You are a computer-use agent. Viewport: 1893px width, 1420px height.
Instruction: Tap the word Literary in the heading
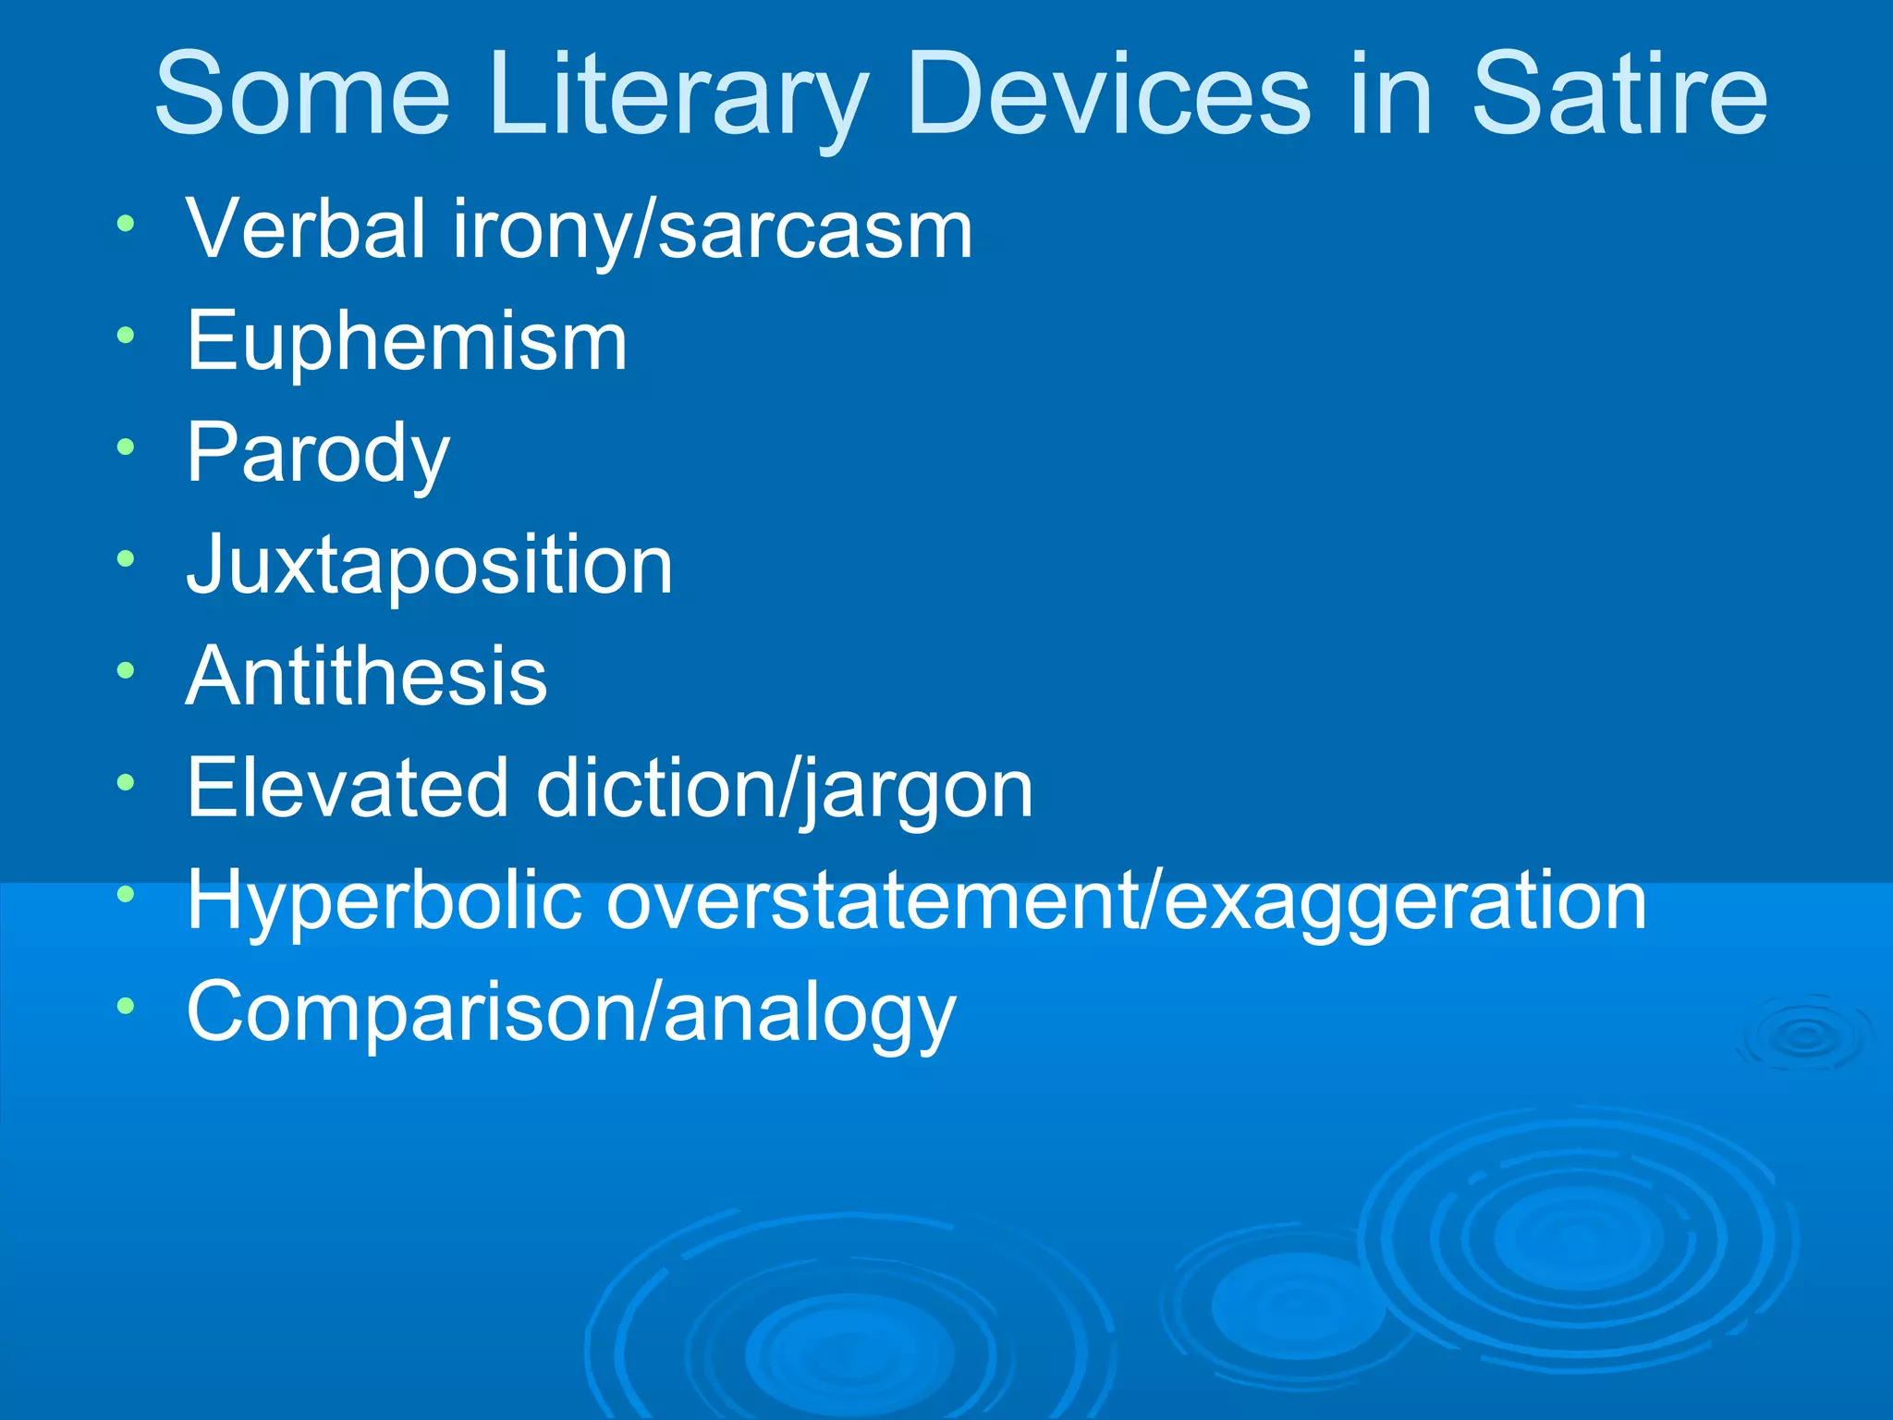(x=679, y=94)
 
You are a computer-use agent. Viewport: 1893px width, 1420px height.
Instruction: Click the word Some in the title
(x=302, y=94)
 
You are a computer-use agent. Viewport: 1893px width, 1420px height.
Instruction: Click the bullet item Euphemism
(x=407, y=341)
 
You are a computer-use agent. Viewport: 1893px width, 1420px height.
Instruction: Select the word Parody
(x=318, y=454)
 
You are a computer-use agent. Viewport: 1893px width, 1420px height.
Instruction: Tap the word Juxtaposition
(x=430, y=565)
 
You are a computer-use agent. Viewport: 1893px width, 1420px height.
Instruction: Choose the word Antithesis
(x=367, y=677)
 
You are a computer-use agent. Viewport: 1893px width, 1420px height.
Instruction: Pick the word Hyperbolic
(x=385, y=900)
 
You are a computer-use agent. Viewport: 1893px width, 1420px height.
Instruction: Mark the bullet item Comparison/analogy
(x=571, y=1012)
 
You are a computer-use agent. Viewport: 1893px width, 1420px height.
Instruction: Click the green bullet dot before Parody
(x=127, y=448)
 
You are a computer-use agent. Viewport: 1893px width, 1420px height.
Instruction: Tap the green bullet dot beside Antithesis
(x=127, y=671)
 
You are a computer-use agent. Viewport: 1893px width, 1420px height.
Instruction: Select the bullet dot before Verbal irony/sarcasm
(x=127, y=224)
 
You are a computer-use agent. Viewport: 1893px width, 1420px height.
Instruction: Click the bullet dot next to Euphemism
(x=127, y=336)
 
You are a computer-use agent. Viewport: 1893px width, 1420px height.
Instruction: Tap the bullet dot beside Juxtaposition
(x=127, y=559)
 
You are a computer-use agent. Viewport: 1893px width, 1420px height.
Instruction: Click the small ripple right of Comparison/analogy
(x=1803, y=1036)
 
